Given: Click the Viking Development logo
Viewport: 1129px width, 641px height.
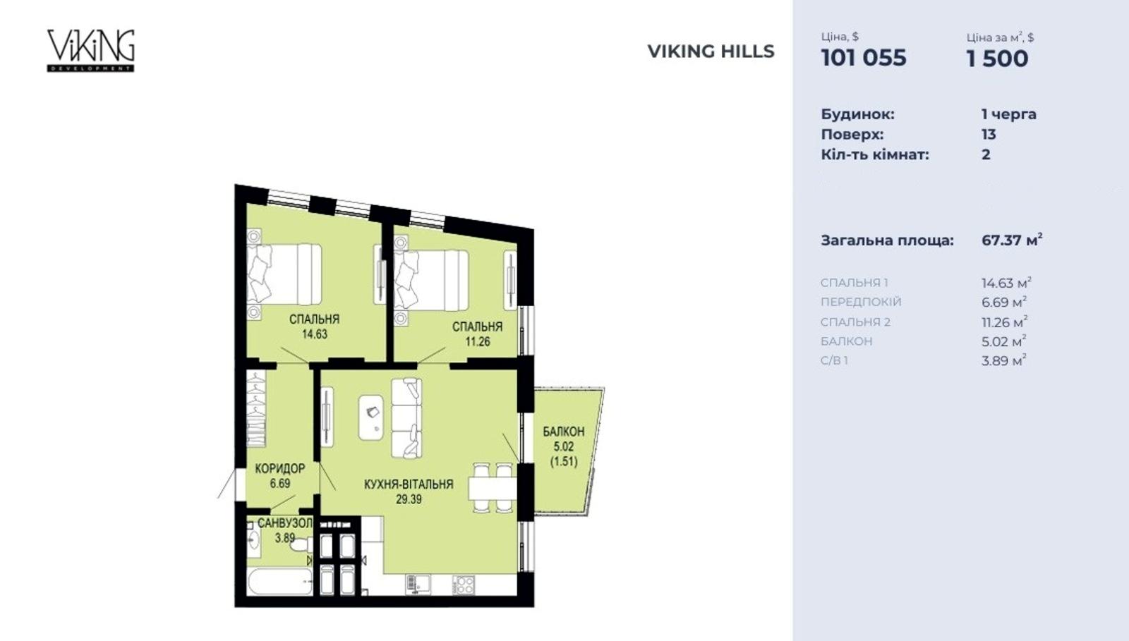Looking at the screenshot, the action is pyautogui.click(x=91, y=50).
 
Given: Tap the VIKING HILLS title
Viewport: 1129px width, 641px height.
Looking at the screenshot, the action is pyautogui.click(x=711, y=51).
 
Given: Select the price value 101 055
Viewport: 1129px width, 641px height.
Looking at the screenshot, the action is pyautogui.click(x=864, y=58).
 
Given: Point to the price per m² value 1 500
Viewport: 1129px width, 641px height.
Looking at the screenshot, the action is pyautogui.click(x=997, y=59).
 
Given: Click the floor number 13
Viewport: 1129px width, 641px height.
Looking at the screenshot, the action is pyautogui.click(x=989, y=135).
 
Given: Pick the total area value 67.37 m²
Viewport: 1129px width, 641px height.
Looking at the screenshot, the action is pyautogui.click(x=1012, y=240).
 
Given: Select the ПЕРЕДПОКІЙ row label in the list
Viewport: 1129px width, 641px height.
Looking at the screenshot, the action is pyautogui.click(x=861, y=302).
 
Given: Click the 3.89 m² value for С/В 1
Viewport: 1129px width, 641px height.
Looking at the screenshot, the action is pyautogui.click(x=1003, y=360).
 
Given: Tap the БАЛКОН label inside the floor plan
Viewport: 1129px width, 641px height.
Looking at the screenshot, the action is pyautogui.click(x=564, y=432).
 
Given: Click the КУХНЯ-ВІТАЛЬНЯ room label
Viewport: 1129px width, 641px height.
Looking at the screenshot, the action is pyautogui.click(x=409, y=484).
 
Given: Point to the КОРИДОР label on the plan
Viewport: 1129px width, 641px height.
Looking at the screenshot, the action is pyautogui.click(x=279, y=469).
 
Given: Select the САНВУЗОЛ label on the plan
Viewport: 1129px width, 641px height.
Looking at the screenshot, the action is pyautogui.click(x=285, y=523).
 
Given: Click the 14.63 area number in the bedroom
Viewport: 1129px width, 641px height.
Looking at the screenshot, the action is pyautogui.click(x=315, y=334).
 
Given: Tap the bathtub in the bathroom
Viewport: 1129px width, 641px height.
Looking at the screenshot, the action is pyautogui.click(x=280, y=582).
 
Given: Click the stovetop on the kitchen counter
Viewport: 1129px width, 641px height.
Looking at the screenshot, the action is pyautogui.click(x=463, y=585).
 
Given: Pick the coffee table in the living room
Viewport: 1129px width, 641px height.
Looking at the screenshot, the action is pyautogui.click(x=371, y=417).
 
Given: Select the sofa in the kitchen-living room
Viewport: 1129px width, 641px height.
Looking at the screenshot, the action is pyautogui.click(x=406, y=418).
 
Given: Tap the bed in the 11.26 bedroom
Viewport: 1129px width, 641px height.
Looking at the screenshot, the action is pyautogui.click(x=431, y=280).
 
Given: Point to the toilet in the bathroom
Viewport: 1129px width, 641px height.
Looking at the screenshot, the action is pyautogui.click(x=301, y=545).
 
